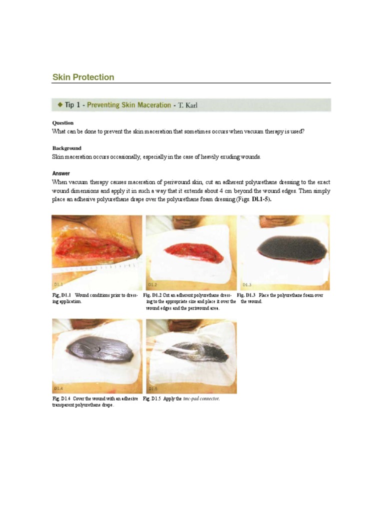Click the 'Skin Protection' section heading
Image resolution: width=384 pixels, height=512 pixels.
(x=83, y=77)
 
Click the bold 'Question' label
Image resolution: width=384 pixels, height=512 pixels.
(x=63, y=123)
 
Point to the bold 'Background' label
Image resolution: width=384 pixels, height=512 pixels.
(x=66, y=148)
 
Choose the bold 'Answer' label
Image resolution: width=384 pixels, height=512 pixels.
(x=61, y=173)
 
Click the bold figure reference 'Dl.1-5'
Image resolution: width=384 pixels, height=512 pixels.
(x=259, y=199)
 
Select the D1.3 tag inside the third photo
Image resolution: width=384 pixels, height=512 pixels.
(x=247, y=284)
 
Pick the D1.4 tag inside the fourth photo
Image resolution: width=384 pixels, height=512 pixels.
(x=59, y=388)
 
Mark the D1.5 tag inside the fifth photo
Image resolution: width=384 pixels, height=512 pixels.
(x=153, y=388)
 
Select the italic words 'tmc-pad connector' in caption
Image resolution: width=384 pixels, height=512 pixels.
(x=201, y=399)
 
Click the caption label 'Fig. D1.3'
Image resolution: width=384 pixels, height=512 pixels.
(x=246, y=295)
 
